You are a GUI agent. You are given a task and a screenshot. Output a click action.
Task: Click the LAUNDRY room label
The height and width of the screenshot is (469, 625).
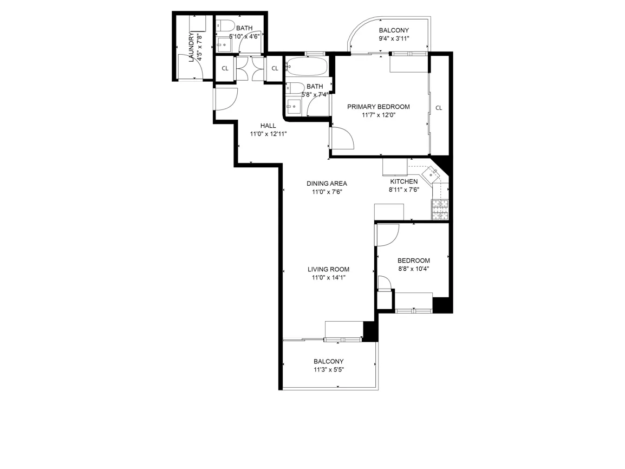tap(191, 47)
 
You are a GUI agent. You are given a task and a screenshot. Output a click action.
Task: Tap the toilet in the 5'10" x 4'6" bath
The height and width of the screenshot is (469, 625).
tap(225, 26)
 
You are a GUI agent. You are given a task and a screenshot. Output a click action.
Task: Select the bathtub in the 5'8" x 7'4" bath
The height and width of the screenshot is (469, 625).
tap(307, 67)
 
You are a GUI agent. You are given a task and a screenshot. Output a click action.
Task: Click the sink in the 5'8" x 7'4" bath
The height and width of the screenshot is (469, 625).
tap(294, 106)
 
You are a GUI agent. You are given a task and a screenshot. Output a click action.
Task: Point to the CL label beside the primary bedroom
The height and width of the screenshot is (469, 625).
tap(439, 108)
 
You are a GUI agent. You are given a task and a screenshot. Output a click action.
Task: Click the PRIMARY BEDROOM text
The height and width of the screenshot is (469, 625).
tap(378, 107)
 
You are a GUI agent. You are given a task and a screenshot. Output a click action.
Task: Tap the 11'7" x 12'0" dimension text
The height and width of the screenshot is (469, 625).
tap(378, 115)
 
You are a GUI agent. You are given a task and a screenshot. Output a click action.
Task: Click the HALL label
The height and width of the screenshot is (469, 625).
tap(268, 126)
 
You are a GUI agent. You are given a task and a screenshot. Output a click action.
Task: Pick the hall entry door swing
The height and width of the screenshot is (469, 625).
tap(226, 99)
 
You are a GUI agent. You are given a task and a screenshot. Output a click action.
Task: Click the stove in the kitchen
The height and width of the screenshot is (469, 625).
tap(440, 210)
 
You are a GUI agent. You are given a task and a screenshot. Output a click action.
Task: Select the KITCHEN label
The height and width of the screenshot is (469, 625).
tap(404, 181)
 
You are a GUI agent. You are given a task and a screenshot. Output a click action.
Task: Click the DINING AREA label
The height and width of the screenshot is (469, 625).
tap(327, 184)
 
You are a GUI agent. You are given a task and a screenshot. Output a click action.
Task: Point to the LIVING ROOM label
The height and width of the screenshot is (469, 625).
tap(328, 269)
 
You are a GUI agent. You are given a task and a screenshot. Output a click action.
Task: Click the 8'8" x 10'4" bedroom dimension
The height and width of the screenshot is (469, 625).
tap(414, 269)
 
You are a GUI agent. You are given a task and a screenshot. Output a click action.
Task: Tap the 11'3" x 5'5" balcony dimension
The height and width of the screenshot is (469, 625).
tap(328, 370)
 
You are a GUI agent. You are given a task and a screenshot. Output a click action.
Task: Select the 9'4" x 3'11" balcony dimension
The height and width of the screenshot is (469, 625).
tap(394, 38)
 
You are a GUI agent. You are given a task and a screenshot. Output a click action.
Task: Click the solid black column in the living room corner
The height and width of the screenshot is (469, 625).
tap(369, 331)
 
